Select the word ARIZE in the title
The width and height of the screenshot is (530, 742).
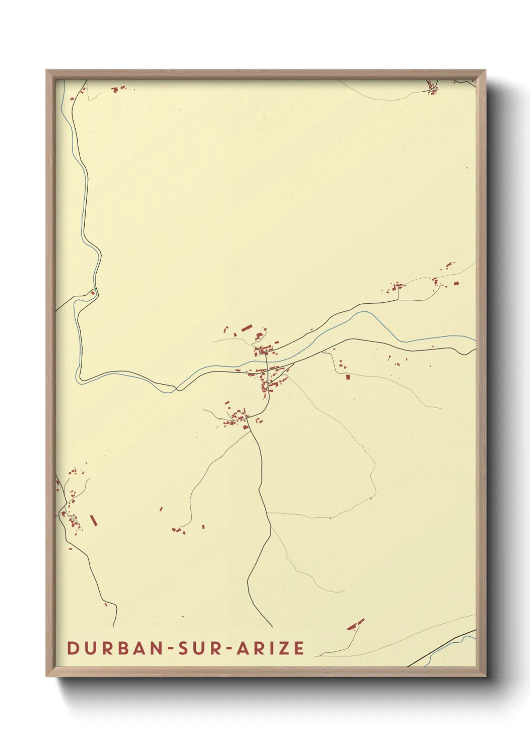coord(271,648)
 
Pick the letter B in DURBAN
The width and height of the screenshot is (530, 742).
coord(124,648)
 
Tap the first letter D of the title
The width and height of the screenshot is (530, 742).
coord(73,648)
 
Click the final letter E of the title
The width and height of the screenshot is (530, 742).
coord(299,648)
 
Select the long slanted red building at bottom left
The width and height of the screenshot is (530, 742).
coord(93,520)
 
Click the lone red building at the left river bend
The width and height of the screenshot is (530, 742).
coord(93,293)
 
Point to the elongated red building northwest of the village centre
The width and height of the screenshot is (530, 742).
coord(245,328)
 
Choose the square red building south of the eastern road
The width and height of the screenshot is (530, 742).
coord(348,377)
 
